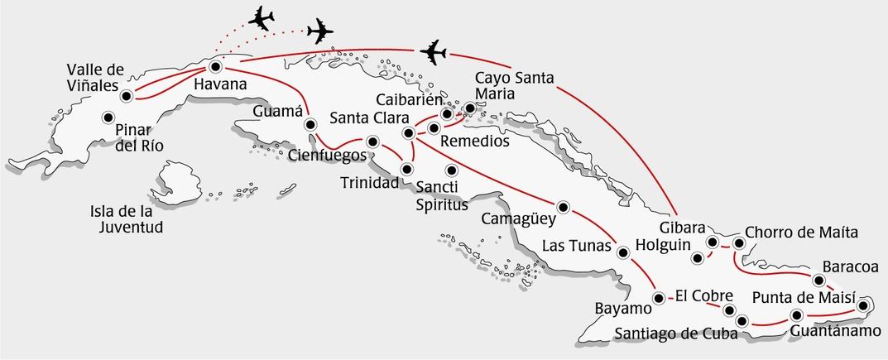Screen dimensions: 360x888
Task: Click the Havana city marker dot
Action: click(216, 67)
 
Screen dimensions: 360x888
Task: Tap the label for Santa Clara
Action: click(365, 118)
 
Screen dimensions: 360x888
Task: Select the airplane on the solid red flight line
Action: click(433, 52)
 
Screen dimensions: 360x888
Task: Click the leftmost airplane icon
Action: click(261, 18)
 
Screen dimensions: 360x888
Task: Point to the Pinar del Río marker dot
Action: click(108, 118)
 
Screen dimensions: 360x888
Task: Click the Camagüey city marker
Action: click(564, 207)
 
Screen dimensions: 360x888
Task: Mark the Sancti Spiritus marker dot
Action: click(452, 170)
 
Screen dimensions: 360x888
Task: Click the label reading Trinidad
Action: click(370, 182)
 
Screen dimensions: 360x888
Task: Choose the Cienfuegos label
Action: click(328, 155)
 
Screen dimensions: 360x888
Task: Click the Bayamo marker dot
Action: click(659, 298)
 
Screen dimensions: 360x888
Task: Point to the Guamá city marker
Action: click(311, 125)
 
